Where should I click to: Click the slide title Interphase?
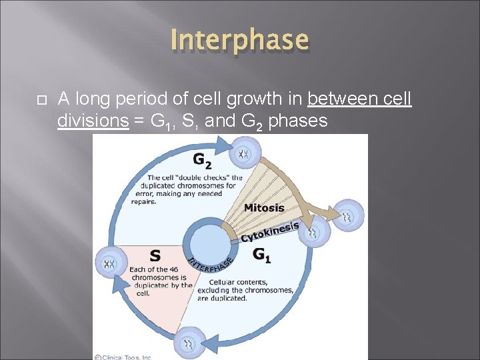tap(239, 39)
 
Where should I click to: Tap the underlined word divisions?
tap(93, 121)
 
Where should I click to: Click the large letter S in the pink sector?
tap(155, 255)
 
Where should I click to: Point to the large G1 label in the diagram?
tap(262, 255)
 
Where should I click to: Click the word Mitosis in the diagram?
tap(264, 208)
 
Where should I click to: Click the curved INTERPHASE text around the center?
tap(209, 265)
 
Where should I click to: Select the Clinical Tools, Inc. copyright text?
tap(123, 357)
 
